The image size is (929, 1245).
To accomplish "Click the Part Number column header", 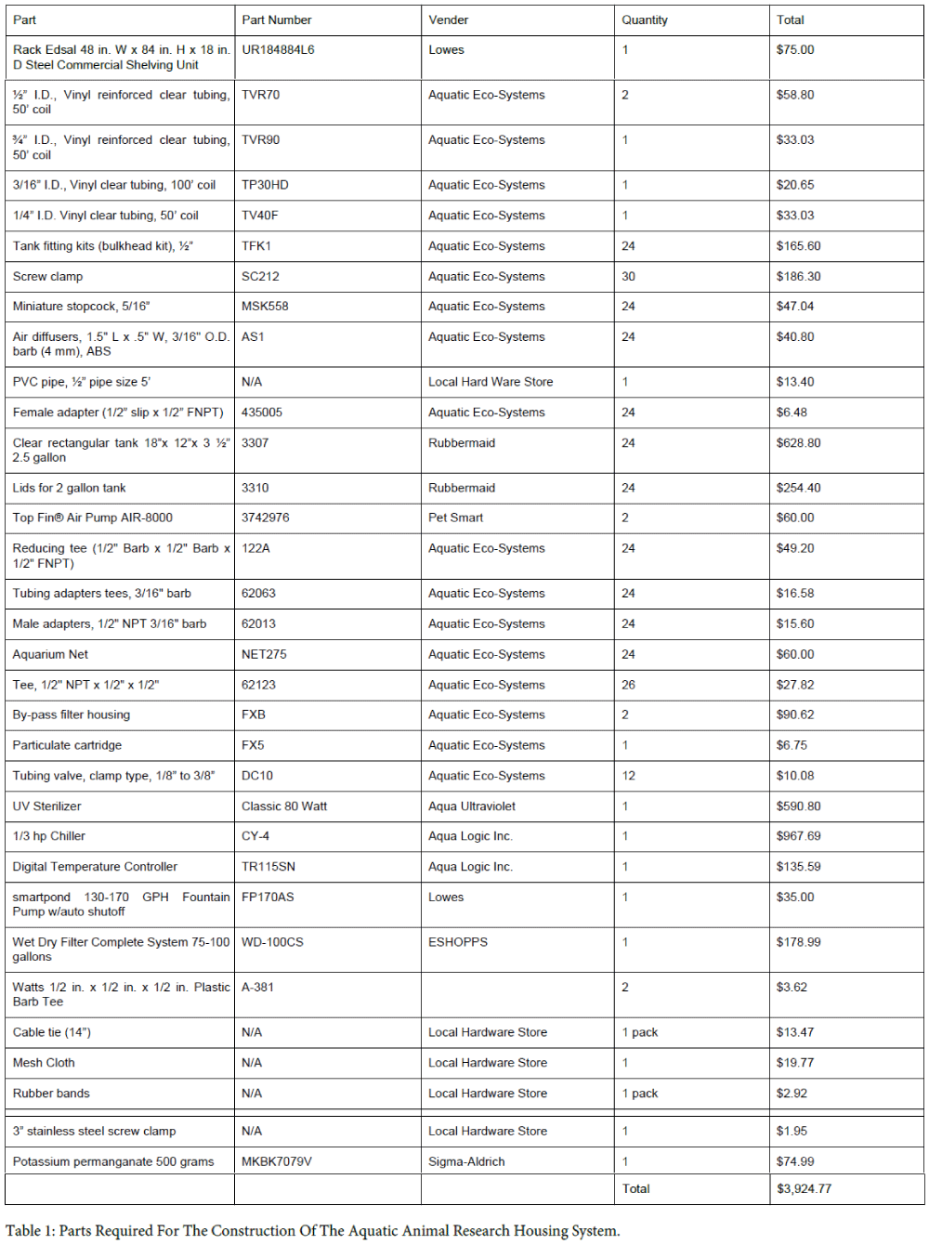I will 276,20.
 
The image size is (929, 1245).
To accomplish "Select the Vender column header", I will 448,20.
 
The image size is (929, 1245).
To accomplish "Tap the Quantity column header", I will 645,20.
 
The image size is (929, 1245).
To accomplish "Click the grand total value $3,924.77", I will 804,1188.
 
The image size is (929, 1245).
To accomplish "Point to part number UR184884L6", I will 278,50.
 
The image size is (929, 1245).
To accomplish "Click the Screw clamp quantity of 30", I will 629,276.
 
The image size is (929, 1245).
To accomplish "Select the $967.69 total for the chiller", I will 798,836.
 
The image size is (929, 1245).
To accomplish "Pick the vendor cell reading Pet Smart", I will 455,518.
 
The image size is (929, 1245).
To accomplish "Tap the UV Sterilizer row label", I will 46,806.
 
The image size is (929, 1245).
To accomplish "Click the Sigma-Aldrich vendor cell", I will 466,1161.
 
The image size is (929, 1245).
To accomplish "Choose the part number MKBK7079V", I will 277,1161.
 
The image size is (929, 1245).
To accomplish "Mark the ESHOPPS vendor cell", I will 457,942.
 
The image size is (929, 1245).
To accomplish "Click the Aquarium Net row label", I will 50,654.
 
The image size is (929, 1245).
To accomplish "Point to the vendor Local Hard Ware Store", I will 491,382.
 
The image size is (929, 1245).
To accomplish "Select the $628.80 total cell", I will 798,443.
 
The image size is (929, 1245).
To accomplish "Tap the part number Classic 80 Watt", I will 284,806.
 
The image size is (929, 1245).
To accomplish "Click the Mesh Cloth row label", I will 44,1063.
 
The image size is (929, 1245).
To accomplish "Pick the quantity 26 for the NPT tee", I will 629,685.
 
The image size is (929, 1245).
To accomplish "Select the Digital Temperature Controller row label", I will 95,867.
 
